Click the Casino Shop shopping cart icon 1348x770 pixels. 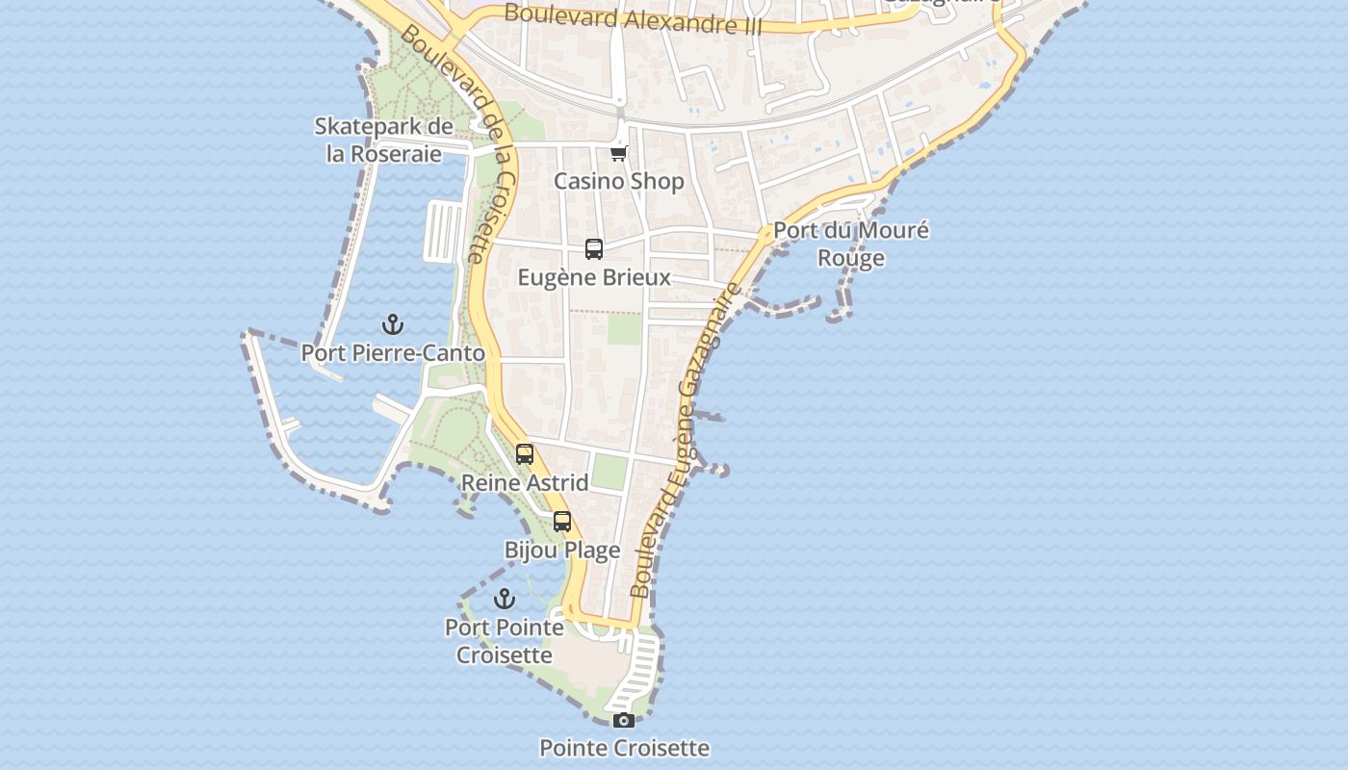point(619,153)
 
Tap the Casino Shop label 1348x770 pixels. point(619,181)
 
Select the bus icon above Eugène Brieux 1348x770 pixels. point(594,249)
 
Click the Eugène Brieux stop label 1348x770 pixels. point(594,277)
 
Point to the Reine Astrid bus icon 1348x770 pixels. point(525,454)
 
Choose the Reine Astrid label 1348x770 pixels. point(525,482)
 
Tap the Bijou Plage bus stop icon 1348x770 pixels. point(562,522)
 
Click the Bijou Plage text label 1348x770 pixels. point(562,551)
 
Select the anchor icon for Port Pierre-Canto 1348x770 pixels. point(393,324)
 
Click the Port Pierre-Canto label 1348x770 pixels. point(393,353)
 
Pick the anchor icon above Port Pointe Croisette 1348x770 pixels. point(505,600)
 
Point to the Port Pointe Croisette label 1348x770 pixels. point(505,641)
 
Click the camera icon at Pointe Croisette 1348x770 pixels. point(624,720)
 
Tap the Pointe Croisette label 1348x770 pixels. point(624,748)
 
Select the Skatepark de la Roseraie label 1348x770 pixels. point(384,141)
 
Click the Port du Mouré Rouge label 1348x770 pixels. point(851,244)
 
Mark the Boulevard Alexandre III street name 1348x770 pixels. point(633,18)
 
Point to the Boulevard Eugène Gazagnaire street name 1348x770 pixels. point(686,441)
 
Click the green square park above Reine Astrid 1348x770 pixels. point(609,472)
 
